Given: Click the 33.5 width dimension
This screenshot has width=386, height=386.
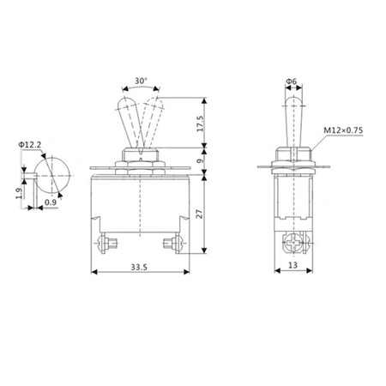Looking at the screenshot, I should pos(139,268).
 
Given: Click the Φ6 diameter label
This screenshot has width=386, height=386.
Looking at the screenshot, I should pos(291,83).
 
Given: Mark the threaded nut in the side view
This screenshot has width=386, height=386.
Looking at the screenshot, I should pos(291,160).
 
